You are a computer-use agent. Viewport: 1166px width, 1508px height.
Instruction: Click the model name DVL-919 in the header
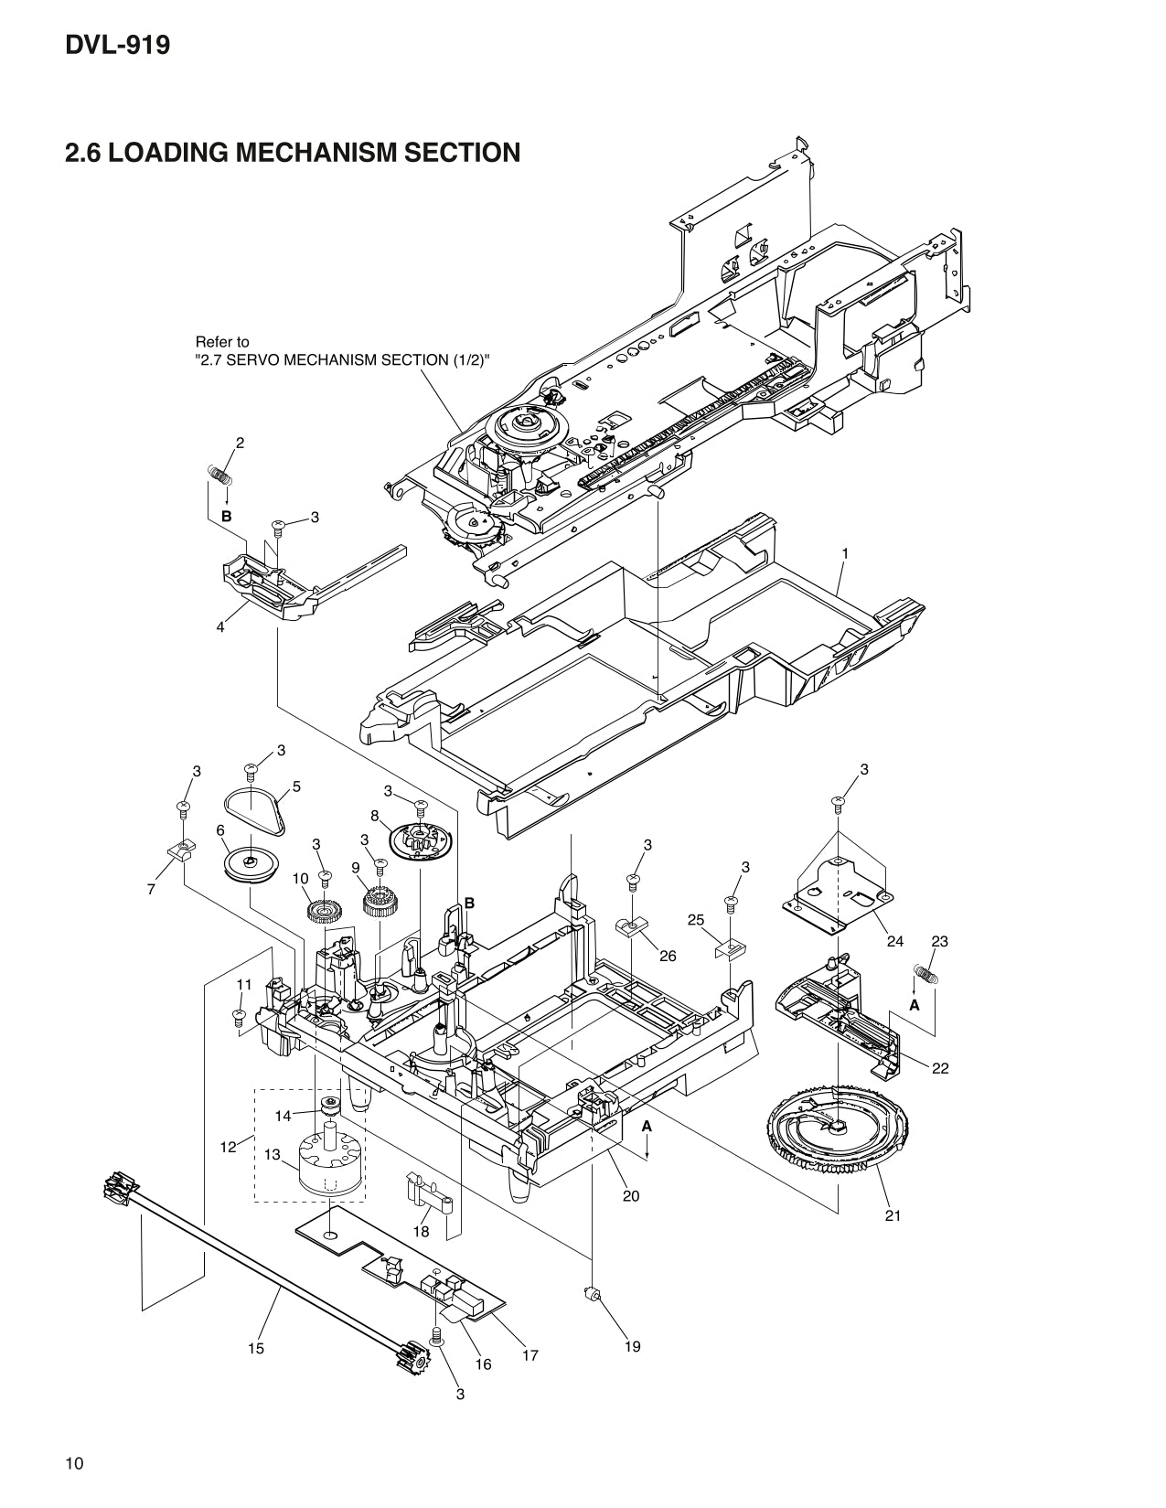click(x=117, y=45)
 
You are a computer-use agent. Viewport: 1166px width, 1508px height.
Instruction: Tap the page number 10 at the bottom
click(x=74, y=1464)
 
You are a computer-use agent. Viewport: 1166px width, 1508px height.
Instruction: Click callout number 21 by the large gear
click(x=893, y=1214)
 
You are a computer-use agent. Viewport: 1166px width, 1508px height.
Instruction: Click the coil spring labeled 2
click(x=218, y=475)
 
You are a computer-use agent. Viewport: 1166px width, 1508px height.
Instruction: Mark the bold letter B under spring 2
click(x=226, y=516)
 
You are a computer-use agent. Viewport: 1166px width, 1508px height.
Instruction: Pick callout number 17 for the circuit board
click(x=530, y=1355)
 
